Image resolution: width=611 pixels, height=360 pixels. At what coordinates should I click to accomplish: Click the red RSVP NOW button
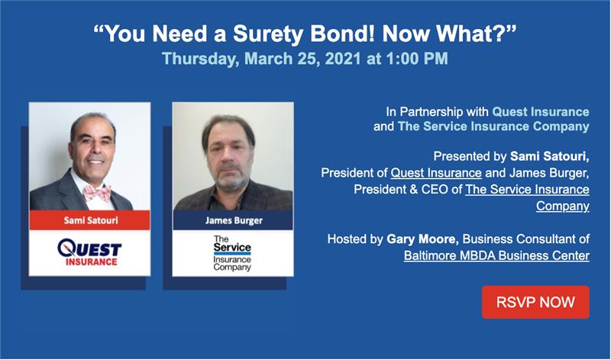(535, 302)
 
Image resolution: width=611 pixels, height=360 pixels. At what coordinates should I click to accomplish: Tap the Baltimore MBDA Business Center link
(496, 255)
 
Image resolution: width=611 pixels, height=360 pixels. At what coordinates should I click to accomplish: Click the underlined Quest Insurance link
(436, 173)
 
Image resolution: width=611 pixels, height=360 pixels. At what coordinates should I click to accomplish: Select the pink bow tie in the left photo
(98, 193)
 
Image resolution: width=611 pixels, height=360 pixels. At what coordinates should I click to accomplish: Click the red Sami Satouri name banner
(89, 220)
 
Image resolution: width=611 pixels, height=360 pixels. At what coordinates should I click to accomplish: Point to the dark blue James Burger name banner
(233, 220)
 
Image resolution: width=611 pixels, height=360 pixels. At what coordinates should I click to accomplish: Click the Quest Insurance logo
(89, 252)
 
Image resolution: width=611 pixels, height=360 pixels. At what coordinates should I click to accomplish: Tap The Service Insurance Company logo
(232, 253)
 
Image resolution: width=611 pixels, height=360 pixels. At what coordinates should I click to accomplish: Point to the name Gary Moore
(422, 238)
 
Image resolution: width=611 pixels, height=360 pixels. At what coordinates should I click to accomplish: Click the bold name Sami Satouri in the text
(550, 157)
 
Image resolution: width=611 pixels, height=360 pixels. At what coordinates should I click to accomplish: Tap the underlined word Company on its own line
(563, 206)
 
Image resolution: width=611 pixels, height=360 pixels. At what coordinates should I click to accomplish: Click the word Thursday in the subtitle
(200, 59)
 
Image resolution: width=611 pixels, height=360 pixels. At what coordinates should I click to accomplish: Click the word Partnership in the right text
(445, 112)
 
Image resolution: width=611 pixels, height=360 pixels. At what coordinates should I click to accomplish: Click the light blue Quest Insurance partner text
(541, 112)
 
